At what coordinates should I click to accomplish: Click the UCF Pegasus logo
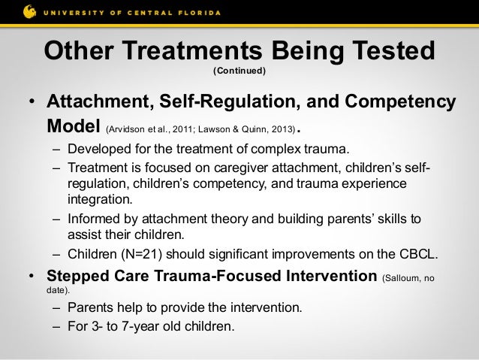coord(29,12)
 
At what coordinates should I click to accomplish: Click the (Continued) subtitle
coord(239,71)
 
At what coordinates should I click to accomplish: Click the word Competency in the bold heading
coord(400,102)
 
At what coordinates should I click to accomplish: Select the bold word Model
coord(74,126)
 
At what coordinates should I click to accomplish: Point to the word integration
coord(100,199)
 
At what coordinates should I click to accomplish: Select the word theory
coord(230,219)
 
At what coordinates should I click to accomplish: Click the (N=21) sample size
coord(141,254)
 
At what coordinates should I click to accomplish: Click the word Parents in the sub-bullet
coord(90,307)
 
